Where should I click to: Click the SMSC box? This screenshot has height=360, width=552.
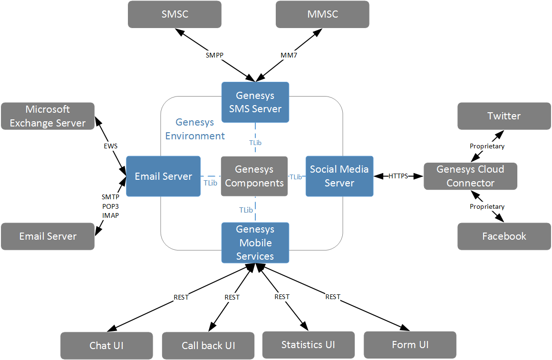tap(174, 14)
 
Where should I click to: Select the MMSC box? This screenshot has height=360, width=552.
tap(322, 14)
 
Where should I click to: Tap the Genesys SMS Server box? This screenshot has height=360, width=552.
tap(255, 102)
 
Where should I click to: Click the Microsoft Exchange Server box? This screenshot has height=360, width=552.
tap(48, 116)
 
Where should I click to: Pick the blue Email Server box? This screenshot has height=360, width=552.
tap(163, 176)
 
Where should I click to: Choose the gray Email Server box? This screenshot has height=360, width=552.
tap(48, 236)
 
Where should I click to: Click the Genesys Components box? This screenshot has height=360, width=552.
tap(254, 176)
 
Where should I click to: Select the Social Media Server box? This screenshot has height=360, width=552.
tap(339, 176)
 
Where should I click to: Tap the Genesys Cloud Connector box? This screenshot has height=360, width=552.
tap(470, 176)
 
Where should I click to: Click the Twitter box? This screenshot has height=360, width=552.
tap(504, 116)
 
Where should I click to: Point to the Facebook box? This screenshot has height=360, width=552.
tap(504, 236)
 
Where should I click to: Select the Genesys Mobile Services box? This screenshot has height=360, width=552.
tap(255, 243)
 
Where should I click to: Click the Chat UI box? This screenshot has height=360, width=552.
tap(107, 345)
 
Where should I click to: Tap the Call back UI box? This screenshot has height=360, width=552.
tap(208, 346)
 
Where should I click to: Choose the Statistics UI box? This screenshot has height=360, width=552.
tap(308, 345)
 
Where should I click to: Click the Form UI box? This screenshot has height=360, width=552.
tap(410, 345)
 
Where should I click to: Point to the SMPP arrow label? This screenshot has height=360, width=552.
tap(214, 55)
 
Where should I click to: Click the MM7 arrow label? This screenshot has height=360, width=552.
tap(289, 55)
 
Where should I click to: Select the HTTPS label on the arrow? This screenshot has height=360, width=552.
tap(398, 176)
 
